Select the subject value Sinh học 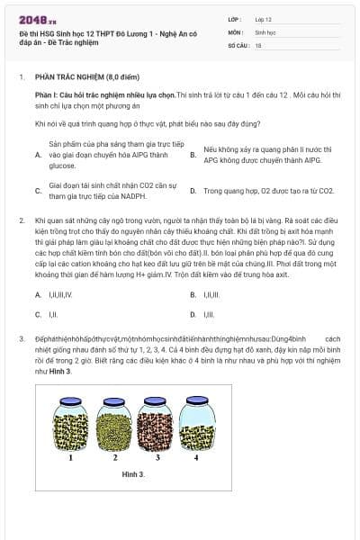[x=265, y=31]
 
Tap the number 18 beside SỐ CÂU [x=258, y=44]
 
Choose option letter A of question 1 [x=38, y=155]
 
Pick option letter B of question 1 [x=193, y=155]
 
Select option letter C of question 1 [x=38, y=190]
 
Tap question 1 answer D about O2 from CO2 [x=268, y=191]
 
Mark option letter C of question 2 [x=38, y=314]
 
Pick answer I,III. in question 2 [x=209, y=314]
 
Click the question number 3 [x=21, y=337]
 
